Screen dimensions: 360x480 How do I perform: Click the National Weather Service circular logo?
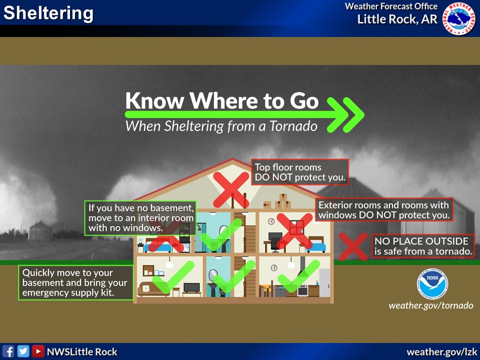(x=459, y=18)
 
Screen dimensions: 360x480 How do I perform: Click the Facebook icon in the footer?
(x=8, y=351)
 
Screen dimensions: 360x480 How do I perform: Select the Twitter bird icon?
(x=23, y=351)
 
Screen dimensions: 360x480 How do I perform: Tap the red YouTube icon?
(x=37, y=351)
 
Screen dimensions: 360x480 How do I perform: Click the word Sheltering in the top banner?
(x=48, y=13)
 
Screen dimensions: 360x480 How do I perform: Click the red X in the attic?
(x=231, y=189)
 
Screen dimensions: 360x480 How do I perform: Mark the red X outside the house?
(x=353, y=246)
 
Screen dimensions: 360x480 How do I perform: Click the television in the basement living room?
(x=191, y=288)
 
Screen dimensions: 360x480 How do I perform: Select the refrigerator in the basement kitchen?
(x=324, y=282)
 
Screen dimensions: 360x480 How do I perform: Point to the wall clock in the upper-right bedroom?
(x=271, y=220)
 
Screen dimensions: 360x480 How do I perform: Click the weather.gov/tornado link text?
(x=430, y=305)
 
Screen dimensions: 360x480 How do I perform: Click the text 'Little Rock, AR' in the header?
(x=397, y=19)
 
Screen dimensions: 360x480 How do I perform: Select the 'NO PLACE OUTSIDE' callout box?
(x=423, y=246)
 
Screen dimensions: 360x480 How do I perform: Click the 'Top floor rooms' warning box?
(x=299, y=172)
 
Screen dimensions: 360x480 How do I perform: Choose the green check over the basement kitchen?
(x=298, y=276)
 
